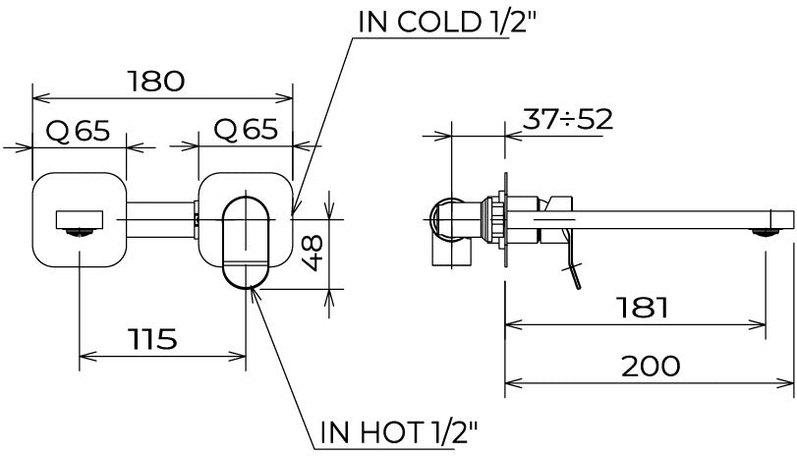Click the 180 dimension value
[x=155, y=82]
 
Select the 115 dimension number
[x=152, y=339]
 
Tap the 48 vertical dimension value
[x=313, y=253]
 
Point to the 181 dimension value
[x=642, y=307]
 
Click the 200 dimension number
[x=651, y=366]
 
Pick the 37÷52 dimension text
[x=568, y=119]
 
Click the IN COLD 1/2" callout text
[x=447, y=23]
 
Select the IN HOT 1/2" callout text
[x=399, y=432]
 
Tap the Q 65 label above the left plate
[x=78, y=131]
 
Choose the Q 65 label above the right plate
[x=246, y=130]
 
